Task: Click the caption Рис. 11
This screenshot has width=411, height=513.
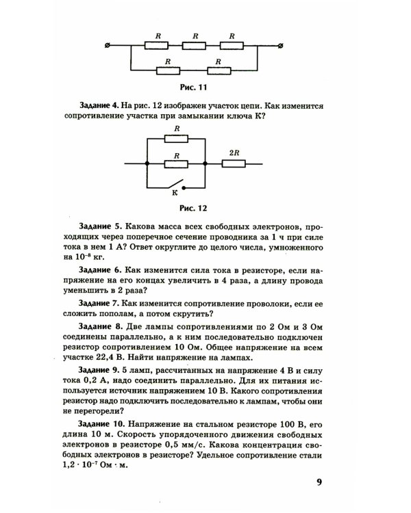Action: click(193, 87)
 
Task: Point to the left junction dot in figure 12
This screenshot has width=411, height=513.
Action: click(147, 163)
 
